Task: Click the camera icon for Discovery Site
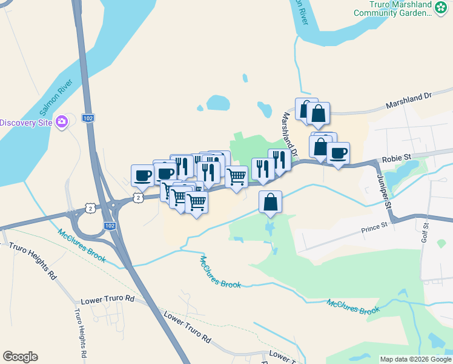(x=61, y=123)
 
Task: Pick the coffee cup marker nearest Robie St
(x=338, y=153)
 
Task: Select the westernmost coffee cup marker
(x=142, y=175)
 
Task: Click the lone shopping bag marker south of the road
(x=271, y=202)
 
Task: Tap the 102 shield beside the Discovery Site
(x=88, y=118)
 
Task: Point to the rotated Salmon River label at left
(x=56, y=97)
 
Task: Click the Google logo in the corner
(x=20, y=357)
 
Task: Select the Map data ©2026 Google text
(x=415, y=359)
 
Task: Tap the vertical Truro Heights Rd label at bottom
(x=81, y=333)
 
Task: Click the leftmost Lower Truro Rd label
(x=107, y=298)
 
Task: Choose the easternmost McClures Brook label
(x=353, y=306)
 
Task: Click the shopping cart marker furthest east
(x=237, y=177)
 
